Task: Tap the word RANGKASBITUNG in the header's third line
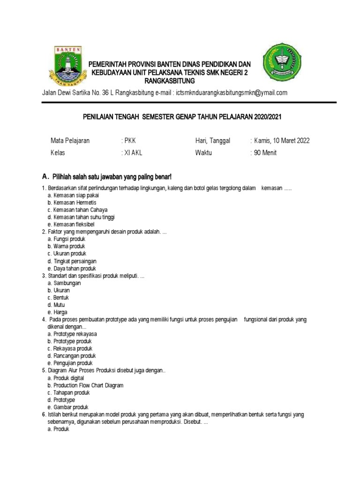pyautogui.click(x=169, y=81)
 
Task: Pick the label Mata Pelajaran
pyautogui.click(x=70, y=141)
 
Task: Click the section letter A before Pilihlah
pyautogui.click(x=45, y=177)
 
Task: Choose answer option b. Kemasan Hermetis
pyautogui.click(x=71, y=202)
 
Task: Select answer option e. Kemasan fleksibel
pyautogui.click(x=71, y=225)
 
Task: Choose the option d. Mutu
pyautogui.click(x=56, y=305)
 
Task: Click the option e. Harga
pyautogui.click(x=57, y=312)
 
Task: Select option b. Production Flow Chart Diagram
pyautogui.click(x=85, y=385)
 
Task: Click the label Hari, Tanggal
pyautogui.click(x=213, y=141)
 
